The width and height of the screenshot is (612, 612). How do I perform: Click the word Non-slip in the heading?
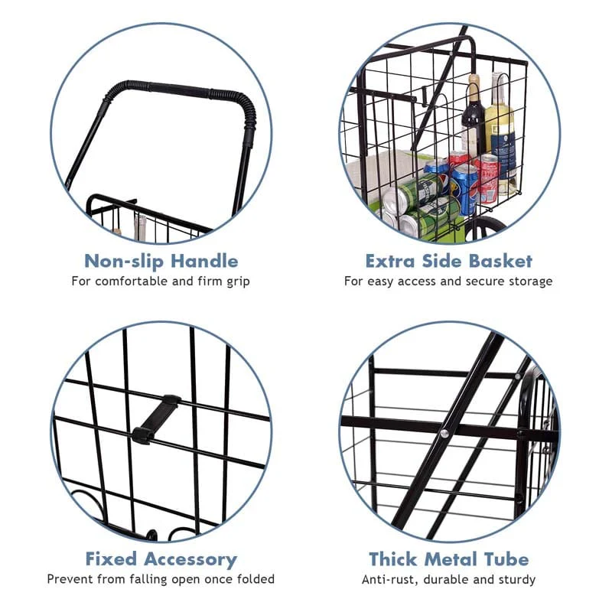coord(122,262)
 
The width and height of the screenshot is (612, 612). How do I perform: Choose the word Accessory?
coord(194,559)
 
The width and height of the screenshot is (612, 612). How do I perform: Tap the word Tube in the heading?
coord(503,559)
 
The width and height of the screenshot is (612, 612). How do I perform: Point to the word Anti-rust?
coord(391,580)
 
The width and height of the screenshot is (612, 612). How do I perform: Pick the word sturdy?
coord(515,580)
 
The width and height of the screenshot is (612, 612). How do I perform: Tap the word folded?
coord(254,580)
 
